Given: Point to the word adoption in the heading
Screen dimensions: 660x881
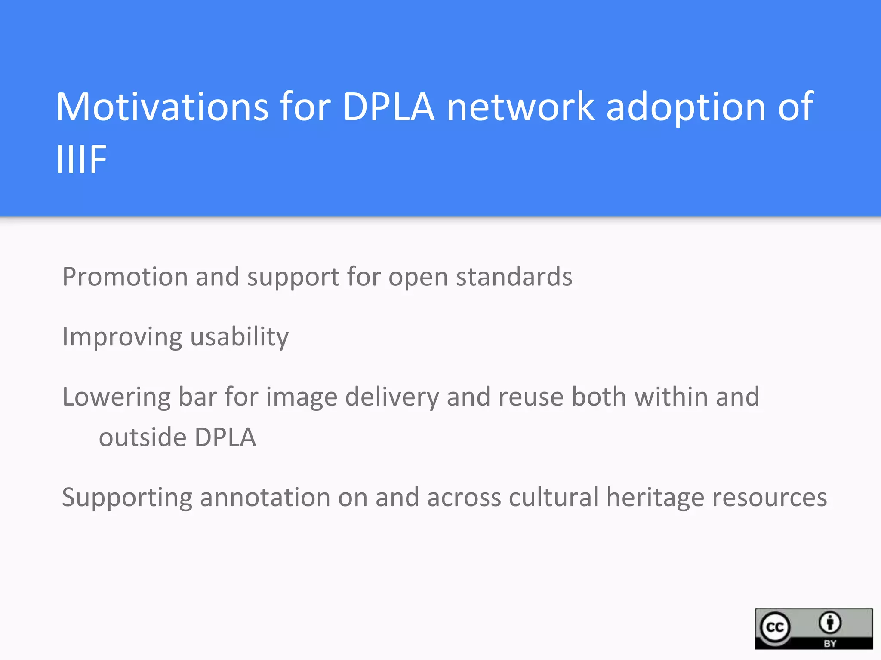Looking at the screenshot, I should click(686, 107).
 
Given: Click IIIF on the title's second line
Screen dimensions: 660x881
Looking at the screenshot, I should click(82, 159).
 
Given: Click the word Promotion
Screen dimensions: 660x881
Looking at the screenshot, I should click(125, 276).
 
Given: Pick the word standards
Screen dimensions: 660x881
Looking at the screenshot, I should click(514, 276).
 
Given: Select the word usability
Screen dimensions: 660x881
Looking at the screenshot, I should click(239, 337).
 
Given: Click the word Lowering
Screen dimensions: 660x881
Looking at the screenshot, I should click(116, 397).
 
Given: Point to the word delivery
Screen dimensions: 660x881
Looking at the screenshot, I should click(391, 397).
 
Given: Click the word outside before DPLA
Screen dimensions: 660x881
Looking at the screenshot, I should click(142, 437).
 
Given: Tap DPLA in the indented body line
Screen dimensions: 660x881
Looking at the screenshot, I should click(225, 437).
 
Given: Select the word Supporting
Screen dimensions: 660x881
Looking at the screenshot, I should click(127, 498).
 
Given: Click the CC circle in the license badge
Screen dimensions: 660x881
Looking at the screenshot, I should click(775, 627).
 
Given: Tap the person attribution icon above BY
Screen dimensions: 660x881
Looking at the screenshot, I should click(830, 623).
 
